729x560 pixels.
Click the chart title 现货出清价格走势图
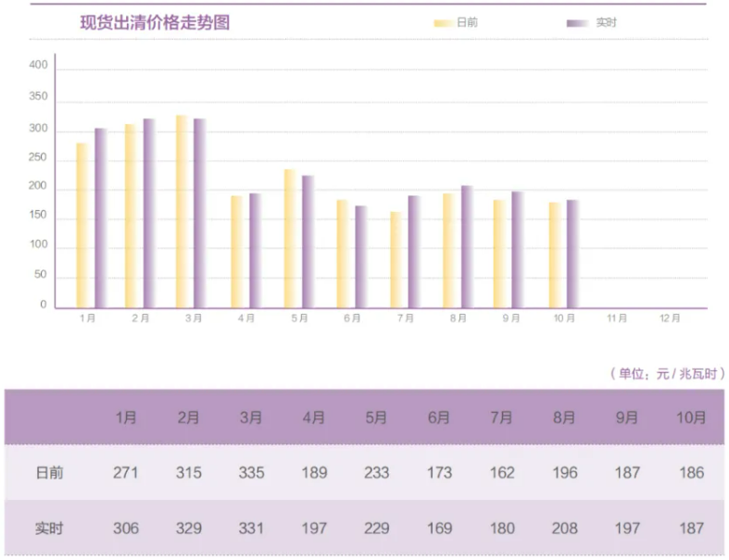[155, 23]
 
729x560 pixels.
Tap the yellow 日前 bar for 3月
[182, 212]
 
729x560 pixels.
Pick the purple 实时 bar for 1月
[100, 218]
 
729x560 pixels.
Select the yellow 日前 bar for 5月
[290, 239]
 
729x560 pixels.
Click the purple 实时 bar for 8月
[467, 247]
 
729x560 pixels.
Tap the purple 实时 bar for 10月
[572, 255]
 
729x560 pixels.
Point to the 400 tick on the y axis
[38, 66]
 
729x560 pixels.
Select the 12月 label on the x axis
[670, 317]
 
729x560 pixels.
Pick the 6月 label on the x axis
[352, 317]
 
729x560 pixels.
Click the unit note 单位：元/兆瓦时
[667, 374]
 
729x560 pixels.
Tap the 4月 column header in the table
[314, 417]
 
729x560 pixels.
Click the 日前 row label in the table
[50, 473]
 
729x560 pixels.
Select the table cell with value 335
[251, 473]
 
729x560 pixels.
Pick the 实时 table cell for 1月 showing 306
[126, 529]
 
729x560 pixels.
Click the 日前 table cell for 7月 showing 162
[502, 473]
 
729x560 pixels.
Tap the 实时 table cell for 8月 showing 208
[564, 529]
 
